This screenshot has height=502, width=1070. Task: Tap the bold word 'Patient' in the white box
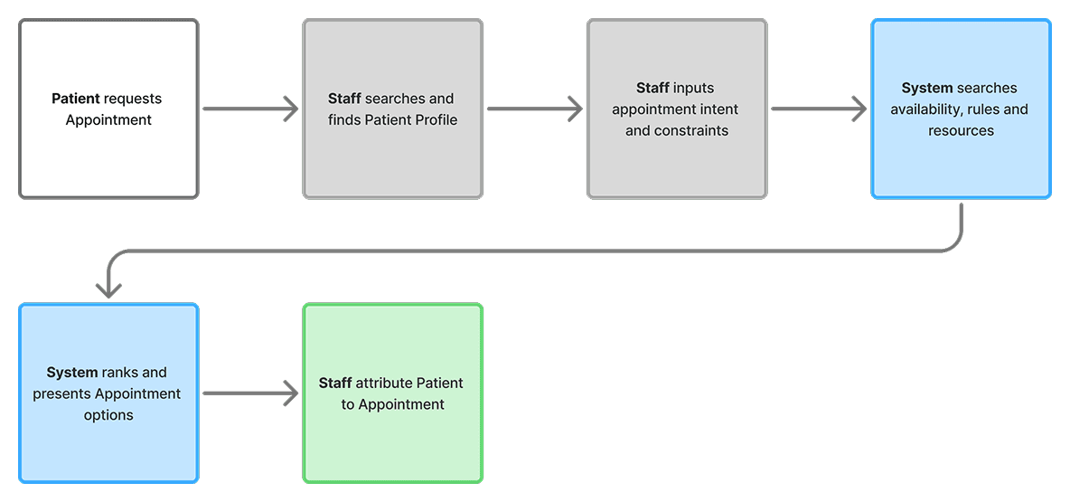pos(75,99)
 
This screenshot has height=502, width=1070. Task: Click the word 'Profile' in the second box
pos(435,119)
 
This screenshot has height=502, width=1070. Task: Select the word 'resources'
pos(961,130)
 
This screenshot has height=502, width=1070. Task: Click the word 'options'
pos(108,415)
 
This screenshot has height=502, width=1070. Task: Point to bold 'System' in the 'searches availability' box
pos(927,88)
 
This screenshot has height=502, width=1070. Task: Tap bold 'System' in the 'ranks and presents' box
pos(71,372)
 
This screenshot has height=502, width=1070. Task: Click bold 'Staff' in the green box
pos(335,383)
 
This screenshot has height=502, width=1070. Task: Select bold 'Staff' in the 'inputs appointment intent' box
pos(652,88)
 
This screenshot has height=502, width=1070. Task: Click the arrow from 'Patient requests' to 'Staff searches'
pos(250,109)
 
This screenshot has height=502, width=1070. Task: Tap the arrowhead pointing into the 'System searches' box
pos(858,109)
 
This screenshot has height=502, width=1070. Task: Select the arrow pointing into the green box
pos(250,393)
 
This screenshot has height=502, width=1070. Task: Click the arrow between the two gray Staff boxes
pos(534,109)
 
